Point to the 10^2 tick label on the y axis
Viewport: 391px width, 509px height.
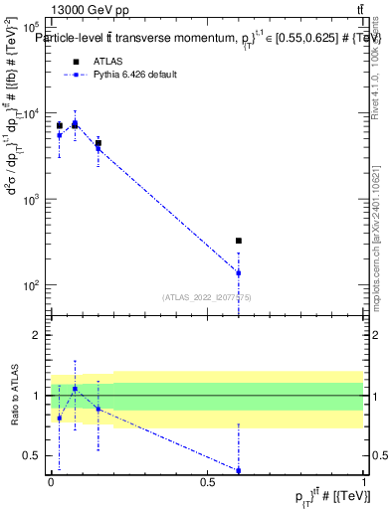[x=31, y=285]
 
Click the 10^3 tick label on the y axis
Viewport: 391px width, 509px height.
[x=31, y=200]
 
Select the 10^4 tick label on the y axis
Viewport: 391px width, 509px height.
[x=31, y=114]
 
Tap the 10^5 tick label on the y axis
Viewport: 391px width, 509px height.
[x=31, y=30]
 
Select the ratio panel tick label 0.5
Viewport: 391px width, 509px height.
[x=33, y=455]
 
